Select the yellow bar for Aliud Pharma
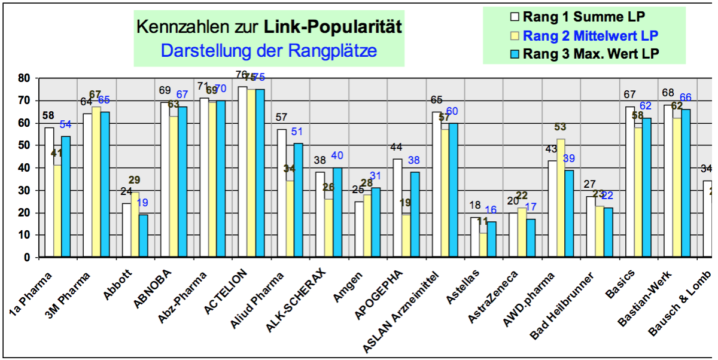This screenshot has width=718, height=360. tap(290, 219)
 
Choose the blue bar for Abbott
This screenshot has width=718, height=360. tap(143, 236)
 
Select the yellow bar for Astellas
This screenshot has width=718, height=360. tap(483, 245)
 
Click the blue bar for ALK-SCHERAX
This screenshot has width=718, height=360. tap(337, 212)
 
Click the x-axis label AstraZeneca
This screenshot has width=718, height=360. tap(494, 297)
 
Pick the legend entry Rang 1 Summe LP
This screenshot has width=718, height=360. tap(583, 16)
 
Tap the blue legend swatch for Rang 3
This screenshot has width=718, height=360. tap(514, 53)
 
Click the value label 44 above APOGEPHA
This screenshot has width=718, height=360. tap(395, 147)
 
